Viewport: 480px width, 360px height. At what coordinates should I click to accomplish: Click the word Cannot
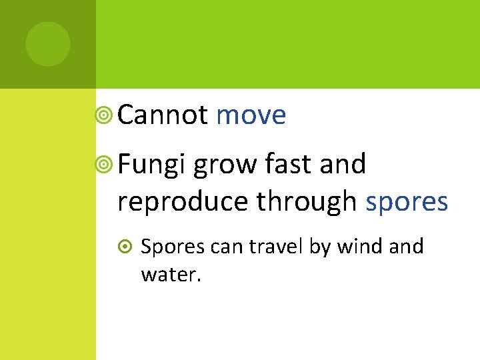coord(163,115)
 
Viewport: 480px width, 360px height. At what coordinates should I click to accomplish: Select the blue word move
coord(251,116)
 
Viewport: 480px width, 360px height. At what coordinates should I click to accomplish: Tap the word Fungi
coord(150,165)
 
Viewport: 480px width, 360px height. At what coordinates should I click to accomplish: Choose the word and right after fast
coord(343,163)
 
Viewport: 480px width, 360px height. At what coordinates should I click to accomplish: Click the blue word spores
coord(407,202)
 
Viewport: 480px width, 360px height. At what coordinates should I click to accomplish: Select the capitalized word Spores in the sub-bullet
coord(173,247)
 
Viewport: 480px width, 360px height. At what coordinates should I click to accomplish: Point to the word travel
coord(276,247)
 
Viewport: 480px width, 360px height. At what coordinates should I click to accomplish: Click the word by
coord(320,247)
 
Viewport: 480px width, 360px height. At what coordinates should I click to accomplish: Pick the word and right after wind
coord(405,247)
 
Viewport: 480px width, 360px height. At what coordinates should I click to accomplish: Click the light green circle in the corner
coord(48,44)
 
